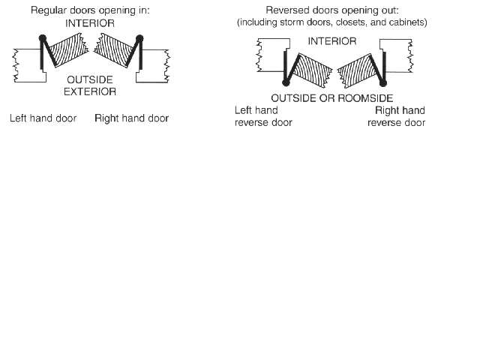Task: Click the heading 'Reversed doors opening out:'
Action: pyautogui.click(x=331, y=10)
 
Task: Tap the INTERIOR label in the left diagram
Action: pyautogui.click(x=90, y=24)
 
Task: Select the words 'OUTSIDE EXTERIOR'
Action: pyautogui.click(x=90, y=85)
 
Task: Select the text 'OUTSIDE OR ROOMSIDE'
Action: pyautogui.click(x=331, y=98)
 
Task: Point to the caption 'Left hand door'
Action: pyautogui.click(x=43, y=118)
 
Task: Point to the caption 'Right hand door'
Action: pyautogui.click(x=131, y=118)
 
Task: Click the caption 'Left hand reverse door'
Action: pyautogui.click(x=262, y=116)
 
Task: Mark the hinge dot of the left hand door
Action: pyautogui.click(x=43, y=37)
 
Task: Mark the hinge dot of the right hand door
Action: pyautogui.click(x=139, y=37)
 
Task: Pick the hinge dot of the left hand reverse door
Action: pyautogui.click(x=286, y=82)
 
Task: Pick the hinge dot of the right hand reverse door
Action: pyautogui.click(x=384, y=82)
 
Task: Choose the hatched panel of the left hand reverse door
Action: pyautogui.click(x=309, y=71)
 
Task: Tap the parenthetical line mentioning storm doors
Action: pyautogui.click(x=331, y=22)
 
